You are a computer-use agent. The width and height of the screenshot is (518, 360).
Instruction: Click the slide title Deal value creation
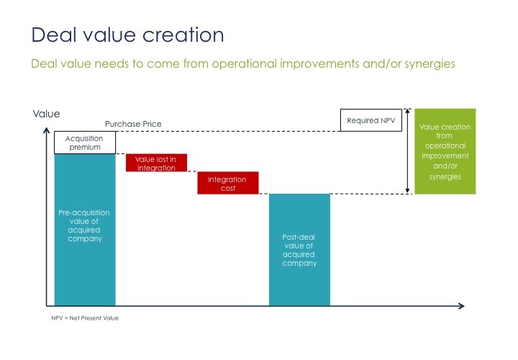point(127,35)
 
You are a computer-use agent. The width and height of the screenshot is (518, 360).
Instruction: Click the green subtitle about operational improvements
point(243,63)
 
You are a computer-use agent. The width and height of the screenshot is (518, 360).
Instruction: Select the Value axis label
point(46,114)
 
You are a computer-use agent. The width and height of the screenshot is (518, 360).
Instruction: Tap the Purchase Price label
point(133,124)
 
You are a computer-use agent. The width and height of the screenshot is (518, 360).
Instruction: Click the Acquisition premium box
point(85,143)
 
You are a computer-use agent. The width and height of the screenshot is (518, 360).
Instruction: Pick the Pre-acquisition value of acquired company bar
point(85,230)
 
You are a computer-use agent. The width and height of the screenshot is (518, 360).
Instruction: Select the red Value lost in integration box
point(156,163)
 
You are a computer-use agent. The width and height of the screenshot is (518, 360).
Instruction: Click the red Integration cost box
point(228,183)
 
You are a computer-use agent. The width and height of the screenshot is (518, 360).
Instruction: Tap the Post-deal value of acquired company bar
point(299,250)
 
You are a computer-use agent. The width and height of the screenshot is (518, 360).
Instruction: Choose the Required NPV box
point(371,120)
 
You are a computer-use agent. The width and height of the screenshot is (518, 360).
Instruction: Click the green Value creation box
point(445,151)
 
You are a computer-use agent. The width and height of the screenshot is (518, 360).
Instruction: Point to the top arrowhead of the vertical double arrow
point(407,111)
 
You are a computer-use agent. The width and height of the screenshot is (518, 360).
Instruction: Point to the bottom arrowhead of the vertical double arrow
point(407,191)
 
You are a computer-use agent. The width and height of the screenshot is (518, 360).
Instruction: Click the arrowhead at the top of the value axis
point(47,130)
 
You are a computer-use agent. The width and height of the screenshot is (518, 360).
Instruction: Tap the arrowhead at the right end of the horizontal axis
point(461,306)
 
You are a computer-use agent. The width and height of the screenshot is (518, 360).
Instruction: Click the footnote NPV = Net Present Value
point(85,318)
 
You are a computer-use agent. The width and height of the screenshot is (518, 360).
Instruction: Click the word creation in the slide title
point(183,35)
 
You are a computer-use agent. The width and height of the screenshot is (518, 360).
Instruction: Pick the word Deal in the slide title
point(54,35)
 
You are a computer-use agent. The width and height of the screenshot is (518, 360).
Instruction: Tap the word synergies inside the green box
point(445,177)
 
